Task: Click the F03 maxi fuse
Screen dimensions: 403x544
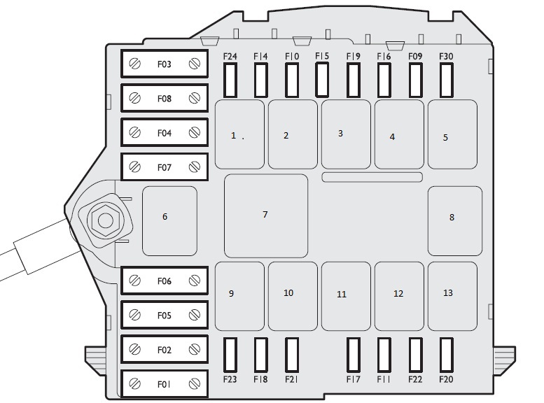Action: (165, 64)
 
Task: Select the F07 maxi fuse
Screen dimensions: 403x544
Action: (165, 167)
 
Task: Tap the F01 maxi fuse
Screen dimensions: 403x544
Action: (165, 383)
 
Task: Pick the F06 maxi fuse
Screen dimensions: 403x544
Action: (165, 281)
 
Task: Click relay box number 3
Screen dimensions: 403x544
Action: (346, 134)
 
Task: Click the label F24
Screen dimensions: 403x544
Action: (230, 56)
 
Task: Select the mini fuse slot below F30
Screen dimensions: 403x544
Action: (446, 80)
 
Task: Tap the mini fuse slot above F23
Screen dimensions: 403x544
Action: (230, 354)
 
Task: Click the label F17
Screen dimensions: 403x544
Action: (353, 380)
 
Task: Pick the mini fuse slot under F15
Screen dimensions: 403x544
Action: (322, 79)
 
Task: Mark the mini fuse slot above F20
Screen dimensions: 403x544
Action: (446, 354)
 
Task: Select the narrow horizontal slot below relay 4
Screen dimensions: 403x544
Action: (372, 177)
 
